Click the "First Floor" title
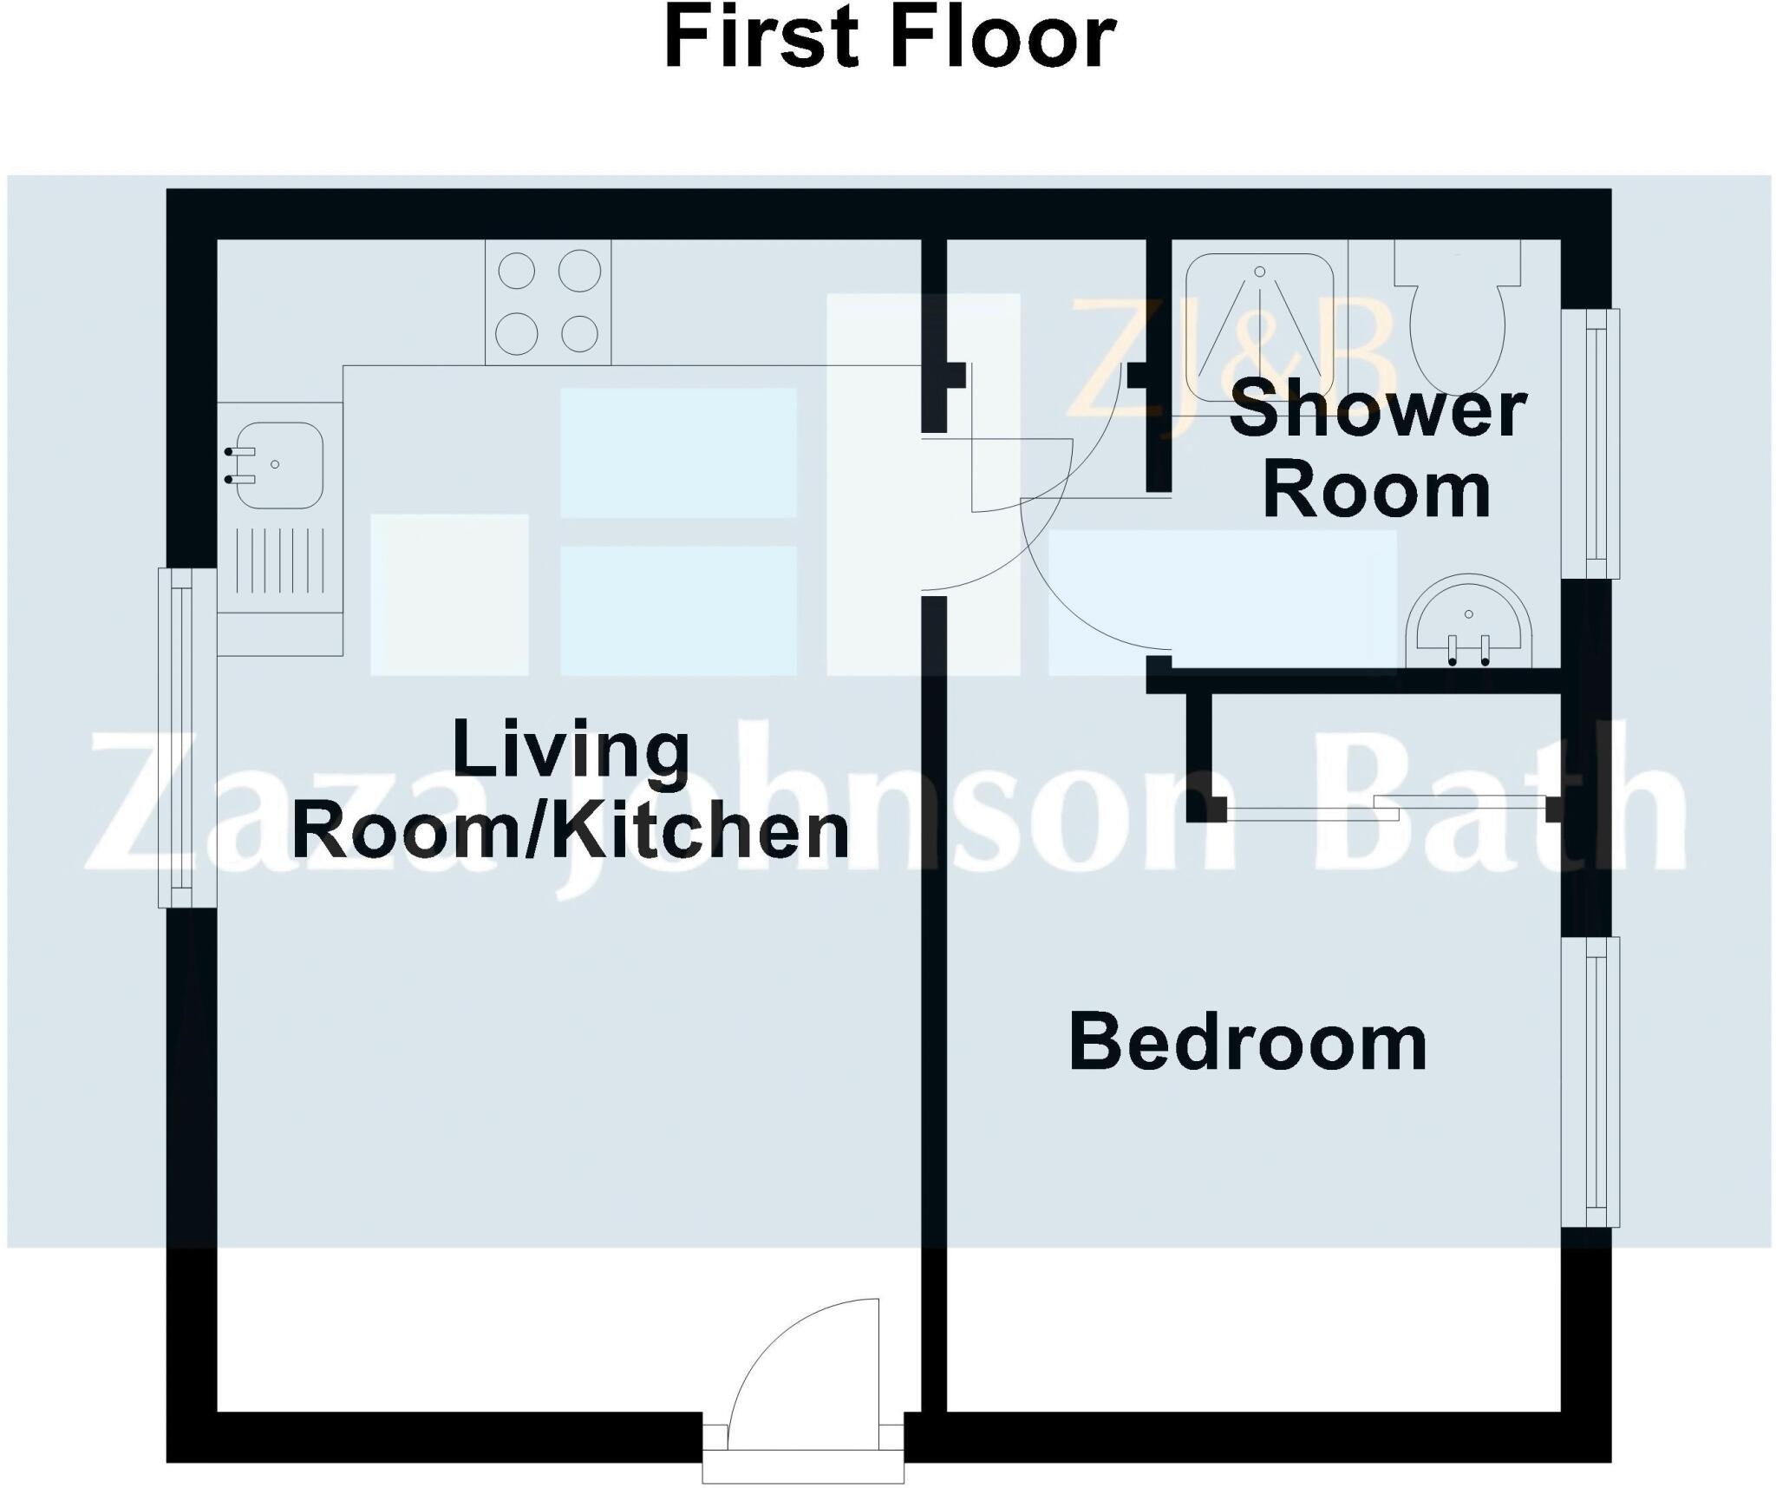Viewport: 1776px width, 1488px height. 889,39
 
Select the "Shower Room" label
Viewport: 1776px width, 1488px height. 1378,451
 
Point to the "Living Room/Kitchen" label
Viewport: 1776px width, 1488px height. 571,789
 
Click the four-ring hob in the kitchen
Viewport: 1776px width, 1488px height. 548,301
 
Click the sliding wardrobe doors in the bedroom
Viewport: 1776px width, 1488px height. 1387,808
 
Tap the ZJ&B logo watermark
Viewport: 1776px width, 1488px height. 1231,356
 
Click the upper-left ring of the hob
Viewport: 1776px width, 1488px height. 517,270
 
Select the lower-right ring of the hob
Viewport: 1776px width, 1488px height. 579,332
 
